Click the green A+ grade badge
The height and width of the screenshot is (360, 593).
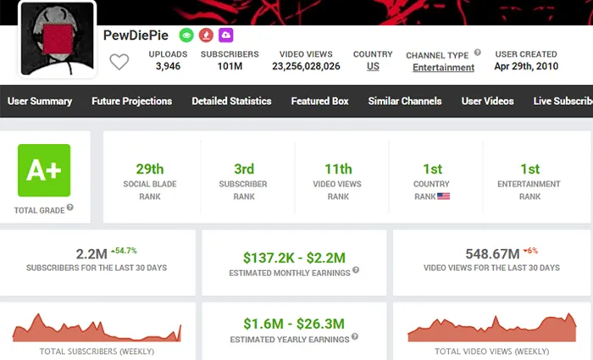point(44,170)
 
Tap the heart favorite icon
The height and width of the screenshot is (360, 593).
point(119,62)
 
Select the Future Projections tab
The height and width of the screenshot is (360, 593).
point(131,101)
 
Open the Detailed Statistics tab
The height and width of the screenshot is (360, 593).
point(231,101)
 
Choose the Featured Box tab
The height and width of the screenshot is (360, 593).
point(319,101)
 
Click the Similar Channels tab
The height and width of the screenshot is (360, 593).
point(405,101)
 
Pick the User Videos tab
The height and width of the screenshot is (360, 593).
point(487,101)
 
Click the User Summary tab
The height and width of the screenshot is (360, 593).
point(40,101)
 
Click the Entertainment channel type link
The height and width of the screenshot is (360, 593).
point(443,67)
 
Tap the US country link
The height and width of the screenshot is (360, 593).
point(373,66)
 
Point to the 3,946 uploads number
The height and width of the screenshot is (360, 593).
point(168,66)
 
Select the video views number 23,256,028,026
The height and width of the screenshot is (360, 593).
point(306,66)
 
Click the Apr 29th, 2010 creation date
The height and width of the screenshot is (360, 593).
point(526,66)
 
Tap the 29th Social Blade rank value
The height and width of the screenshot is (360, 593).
point(150,169)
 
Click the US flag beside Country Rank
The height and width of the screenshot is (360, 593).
point(443,197)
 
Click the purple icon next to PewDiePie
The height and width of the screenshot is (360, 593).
point(225,36)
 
